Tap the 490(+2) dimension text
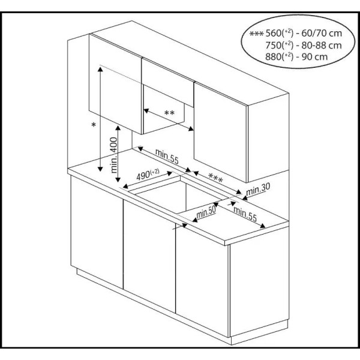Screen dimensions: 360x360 [148, 175]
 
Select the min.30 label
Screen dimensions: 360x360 [259, 190]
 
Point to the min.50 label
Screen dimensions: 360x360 [205, 212]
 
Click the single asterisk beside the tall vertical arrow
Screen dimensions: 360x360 [93, 125]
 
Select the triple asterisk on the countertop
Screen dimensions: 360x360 [215, 178]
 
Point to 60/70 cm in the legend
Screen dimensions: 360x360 [319, 34]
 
